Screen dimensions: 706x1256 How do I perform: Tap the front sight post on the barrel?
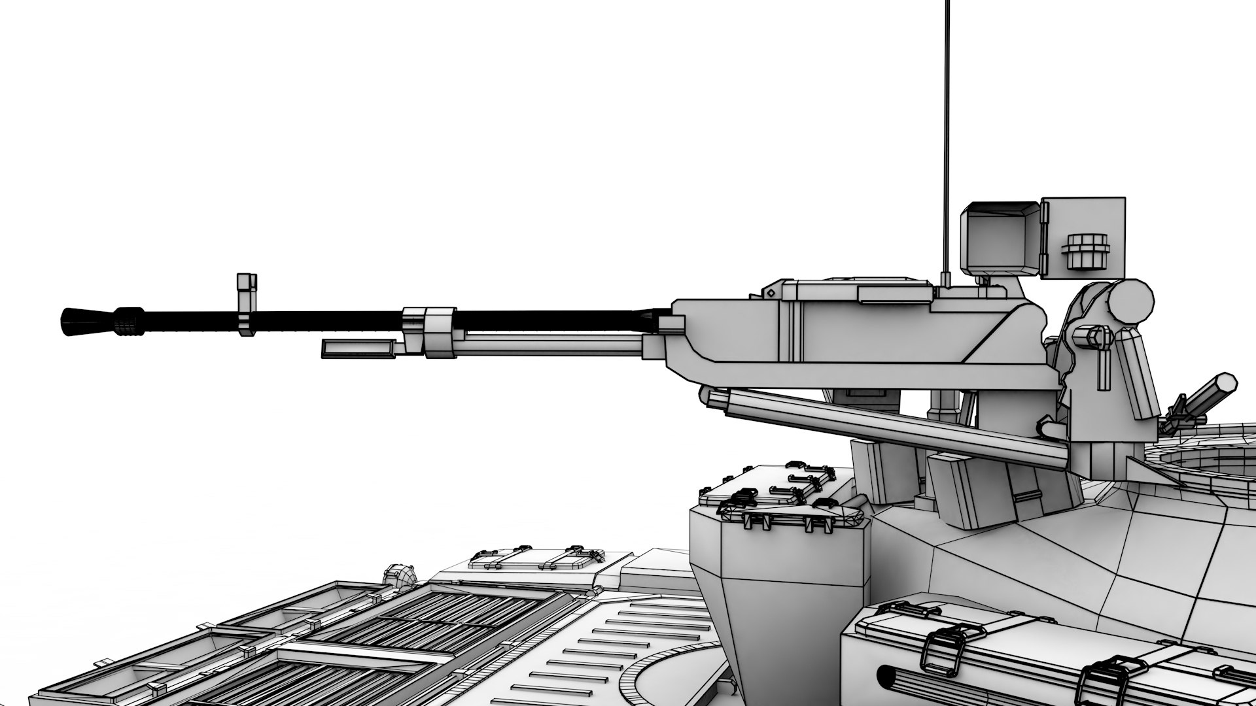click(x=246, y=304)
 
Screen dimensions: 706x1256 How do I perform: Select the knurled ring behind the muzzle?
click(x=129, y=321)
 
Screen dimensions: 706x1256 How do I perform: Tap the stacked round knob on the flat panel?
click(x=1086, y=251)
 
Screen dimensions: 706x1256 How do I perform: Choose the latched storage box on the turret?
click(x=778, y=497)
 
